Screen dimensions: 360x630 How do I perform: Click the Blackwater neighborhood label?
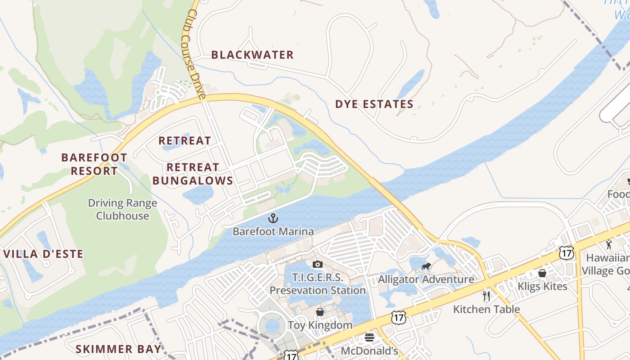[x=252, y=55]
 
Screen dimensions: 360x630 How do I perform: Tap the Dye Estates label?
[x=374, y=104]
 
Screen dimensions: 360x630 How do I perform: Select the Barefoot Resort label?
[x=94, y=164]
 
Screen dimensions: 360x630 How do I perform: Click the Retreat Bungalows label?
[x=193, y=174]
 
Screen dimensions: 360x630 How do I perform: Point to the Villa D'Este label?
[x=43, y=254]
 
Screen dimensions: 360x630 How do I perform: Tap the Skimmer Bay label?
[x=118, y=349]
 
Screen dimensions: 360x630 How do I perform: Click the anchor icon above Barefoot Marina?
[x=273, y=219]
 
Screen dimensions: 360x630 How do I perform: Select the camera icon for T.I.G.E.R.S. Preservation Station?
[x=318, y=264]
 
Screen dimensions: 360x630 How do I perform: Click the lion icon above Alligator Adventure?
[x=426, y=266]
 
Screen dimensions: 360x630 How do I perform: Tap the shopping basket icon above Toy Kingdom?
[x=320, y=312]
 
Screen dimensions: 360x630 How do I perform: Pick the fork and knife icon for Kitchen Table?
[x=486, y=296]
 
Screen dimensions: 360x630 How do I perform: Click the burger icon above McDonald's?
[x=369, y=337]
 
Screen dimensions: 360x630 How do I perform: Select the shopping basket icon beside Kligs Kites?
[x=542, y=273]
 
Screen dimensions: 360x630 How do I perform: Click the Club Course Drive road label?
[x=194, y=54]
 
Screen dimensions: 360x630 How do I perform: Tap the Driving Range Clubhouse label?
[x=122, y=209]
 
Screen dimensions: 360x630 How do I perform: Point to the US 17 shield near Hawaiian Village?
[x=567, y=253]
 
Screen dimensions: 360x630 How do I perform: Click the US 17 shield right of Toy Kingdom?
[x=398, y=318]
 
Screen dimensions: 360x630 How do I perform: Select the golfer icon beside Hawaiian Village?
[x=609, y=244]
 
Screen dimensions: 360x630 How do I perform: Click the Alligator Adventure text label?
[x=426, y=279]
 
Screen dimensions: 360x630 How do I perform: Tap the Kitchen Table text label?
[x=486, y=309]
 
